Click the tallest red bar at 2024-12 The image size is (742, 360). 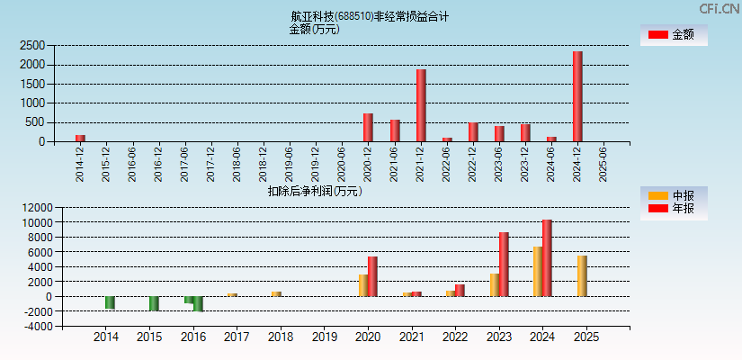[x=577, y=96]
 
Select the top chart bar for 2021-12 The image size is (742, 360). [x=421, y=105]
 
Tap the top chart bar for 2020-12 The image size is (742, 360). [x=368, y=127]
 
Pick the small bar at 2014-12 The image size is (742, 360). [x=80, y=138]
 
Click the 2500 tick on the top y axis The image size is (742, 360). [x=32, y=45]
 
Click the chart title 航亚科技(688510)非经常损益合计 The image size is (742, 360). [x=370, y=16]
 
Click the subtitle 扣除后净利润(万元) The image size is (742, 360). [x=315, y=191]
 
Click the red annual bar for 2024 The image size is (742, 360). [x=547, y=258]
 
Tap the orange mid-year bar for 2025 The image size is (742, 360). [x=582, y=276]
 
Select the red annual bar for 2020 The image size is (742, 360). [x=372, y=276]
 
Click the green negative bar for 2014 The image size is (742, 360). [x=110, y=302]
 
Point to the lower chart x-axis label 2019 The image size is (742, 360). [x=324, y=337]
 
